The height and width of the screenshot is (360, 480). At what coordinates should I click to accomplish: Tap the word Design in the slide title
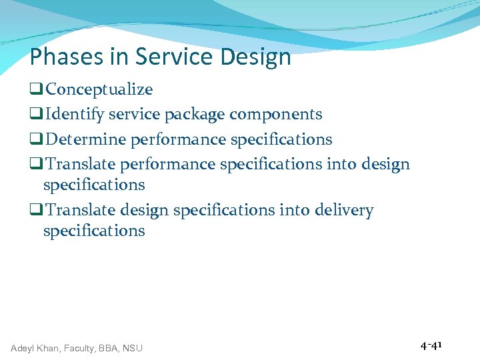click(x=257, y=57)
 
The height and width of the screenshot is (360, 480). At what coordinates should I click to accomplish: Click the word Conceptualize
click(x=99, y=89)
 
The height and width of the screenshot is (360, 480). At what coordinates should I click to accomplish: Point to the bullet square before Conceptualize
click(x=36, y=90)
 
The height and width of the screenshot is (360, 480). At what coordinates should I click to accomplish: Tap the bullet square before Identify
click(x=36, y=115)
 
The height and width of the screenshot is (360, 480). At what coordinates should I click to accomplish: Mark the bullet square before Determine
click(x=36, y=140)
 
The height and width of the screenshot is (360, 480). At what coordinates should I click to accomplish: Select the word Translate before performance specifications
click(x=81, y=164)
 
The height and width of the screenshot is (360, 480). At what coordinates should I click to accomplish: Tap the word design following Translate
click(x=145, y=211)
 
